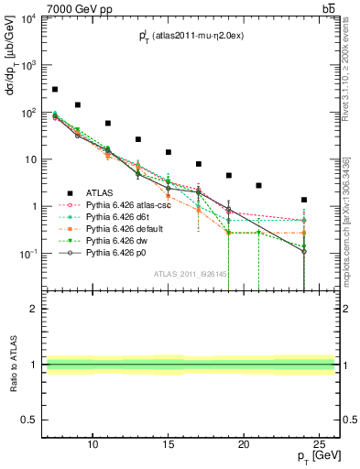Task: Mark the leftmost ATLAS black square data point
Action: click(55, 90)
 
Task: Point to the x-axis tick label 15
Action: click(168, 444)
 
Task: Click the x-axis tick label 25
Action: click(318, 444)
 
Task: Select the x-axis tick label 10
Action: click(93, 444)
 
